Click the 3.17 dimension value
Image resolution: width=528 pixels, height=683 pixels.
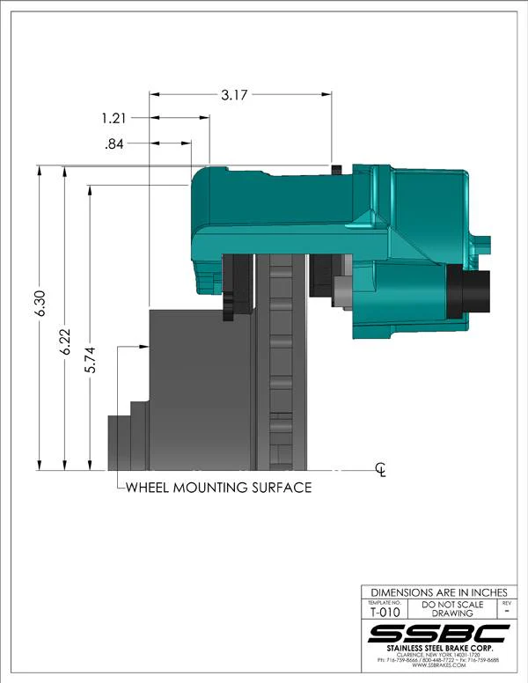232,94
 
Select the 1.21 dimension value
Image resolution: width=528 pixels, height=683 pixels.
114,117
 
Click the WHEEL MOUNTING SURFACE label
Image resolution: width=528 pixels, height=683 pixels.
218,487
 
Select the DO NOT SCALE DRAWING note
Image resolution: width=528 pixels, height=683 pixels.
452,609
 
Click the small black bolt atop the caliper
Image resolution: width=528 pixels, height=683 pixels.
335,168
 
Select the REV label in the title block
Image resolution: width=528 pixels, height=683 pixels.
505,603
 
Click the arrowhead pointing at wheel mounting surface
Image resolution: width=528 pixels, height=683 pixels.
143,347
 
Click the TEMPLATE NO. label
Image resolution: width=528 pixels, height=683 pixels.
383,603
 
